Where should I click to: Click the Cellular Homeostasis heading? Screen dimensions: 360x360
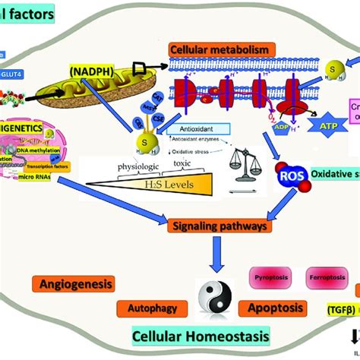pyautogui.click(x=190, y=336)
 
